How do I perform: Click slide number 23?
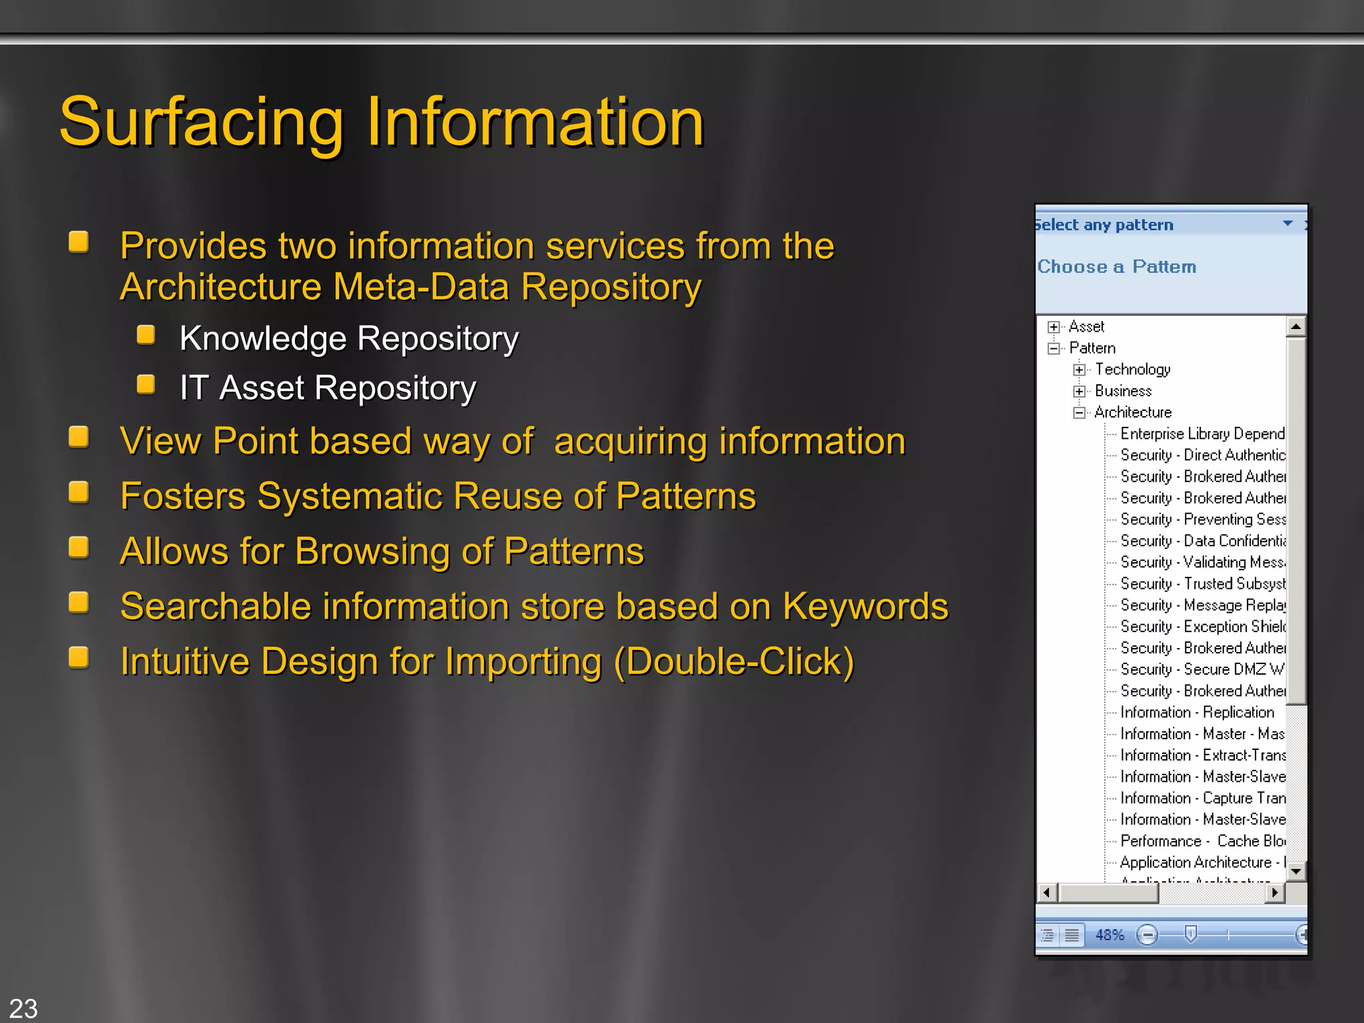tap(23, 1008)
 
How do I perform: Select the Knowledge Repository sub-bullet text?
tap(348, 338)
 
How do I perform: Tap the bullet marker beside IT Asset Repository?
tap(146, 384)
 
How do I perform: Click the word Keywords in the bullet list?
tap(865, 607)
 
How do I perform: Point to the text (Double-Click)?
tap(733, 661)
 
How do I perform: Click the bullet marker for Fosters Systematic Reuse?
tap(79, 493)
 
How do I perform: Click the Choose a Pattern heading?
tap(1117, 266)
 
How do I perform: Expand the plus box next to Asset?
tap(1054, 327)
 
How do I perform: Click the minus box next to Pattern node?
tap(1054, 348)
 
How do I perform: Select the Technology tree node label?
tap(1132, 370)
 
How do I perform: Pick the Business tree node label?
tap(1123, 391)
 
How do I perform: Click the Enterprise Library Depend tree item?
tap(1201, 434)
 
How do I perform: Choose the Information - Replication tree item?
tap(1197, 712)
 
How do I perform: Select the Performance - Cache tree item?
tap(1201, 841)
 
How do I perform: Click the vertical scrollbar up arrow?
tap(1295, 326)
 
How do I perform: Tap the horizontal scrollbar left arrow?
tap(1047, 892)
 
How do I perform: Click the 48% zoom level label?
tap(1110, 935)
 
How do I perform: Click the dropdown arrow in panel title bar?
tap(1287, 224)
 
